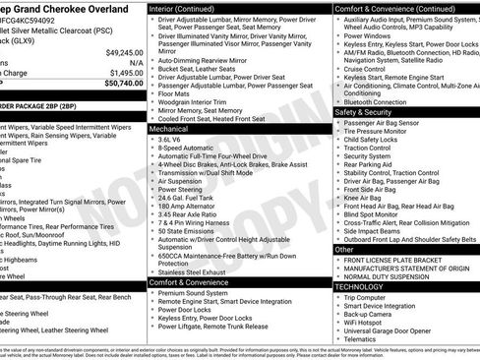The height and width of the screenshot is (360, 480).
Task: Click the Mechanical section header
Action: point(170,129)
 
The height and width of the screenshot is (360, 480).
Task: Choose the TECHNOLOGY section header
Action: point(361,286)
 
